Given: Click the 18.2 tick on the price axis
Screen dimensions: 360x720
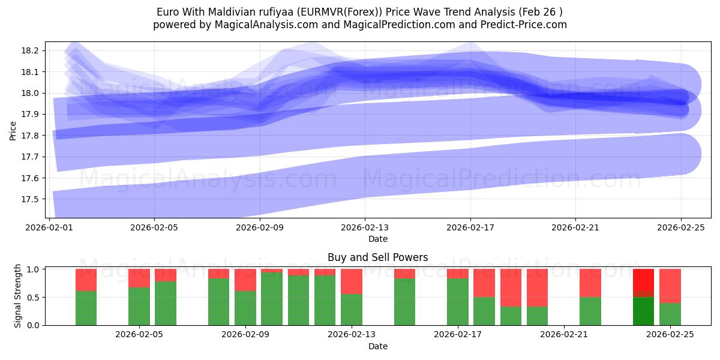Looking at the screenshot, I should [31, 50].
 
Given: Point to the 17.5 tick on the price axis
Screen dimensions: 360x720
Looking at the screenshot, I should [31, 199].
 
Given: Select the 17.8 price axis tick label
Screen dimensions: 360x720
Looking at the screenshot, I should [31, 136].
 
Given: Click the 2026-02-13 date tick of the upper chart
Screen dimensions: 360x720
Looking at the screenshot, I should [365, 228].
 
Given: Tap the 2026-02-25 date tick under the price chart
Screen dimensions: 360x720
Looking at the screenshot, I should [680, 228].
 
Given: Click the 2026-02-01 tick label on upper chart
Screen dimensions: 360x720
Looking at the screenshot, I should [49, 228].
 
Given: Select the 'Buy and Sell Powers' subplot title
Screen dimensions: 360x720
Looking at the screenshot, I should [377, 257].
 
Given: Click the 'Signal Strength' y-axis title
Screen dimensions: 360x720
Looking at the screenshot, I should [18, 296].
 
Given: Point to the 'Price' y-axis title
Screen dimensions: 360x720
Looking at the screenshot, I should [13, 130].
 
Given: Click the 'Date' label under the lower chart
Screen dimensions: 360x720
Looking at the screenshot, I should [377, 346].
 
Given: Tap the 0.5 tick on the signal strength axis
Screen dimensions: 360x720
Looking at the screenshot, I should [33, 297].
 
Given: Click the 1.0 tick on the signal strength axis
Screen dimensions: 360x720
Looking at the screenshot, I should [33, 269].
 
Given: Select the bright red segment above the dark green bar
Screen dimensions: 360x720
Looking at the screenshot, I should [643, 280].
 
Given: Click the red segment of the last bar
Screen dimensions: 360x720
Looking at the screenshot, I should [670, 286].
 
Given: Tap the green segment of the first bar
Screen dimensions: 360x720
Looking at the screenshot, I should [86, 308].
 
